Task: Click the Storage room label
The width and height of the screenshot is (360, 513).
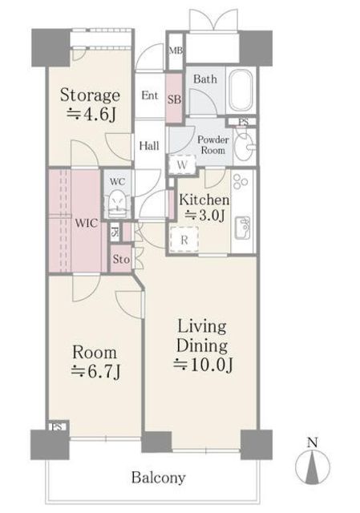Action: [x=90, y=95]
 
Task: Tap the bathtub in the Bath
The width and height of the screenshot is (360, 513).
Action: [x=241, y=90]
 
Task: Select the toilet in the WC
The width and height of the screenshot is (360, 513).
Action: [x=117, y=204]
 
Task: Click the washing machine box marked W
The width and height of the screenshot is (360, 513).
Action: [x=182, y=164]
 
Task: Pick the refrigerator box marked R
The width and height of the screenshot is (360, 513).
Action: [x=184, y=240]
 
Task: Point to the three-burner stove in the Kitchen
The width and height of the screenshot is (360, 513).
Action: [x=241, y=180]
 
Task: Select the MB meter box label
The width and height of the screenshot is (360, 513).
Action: [x=176, y=50]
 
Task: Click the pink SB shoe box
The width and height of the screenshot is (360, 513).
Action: [x=175, y=98]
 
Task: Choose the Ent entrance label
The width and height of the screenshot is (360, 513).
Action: [x=150, y=95]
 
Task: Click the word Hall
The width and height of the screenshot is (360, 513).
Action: [x=149, y=146]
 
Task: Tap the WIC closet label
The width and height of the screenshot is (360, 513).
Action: [x=86, y=223]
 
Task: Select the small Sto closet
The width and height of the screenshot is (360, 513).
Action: [x=121, y=259]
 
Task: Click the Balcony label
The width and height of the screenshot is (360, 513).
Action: [x=159, y=478]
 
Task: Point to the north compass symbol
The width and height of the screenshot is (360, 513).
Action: [x=313, y=467]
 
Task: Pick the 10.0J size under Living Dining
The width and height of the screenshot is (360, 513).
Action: [x=203, y=365]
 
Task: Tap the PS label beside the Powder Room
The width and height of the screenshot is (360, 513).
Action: [x=243, y=122]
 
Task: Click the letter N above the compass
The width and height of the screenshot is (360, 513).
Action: [x=313, y=442]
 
